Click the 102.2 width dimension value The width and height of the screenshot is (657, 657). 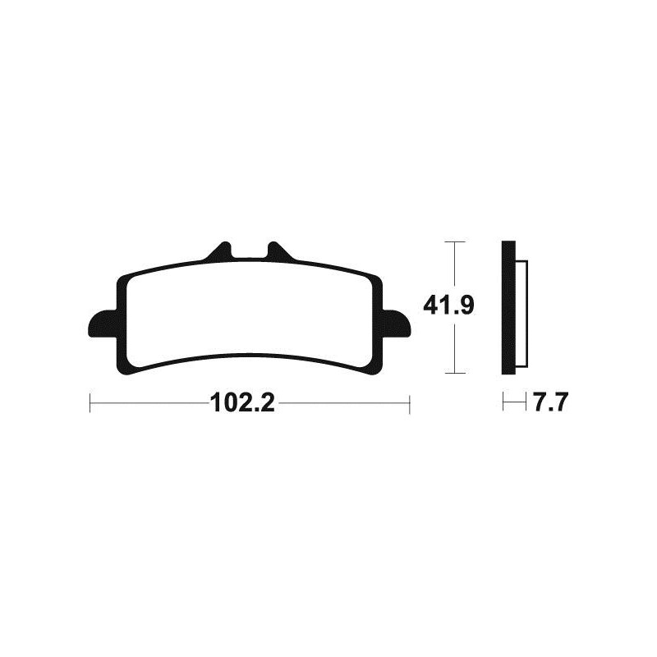point(243,403)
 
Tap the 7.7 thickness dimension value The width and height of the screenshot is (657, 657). point(551,403)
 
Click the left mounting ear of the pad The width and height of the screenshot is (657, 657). point(103,323)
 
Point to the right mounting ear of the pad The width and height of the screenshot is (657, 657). point(397,323)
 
